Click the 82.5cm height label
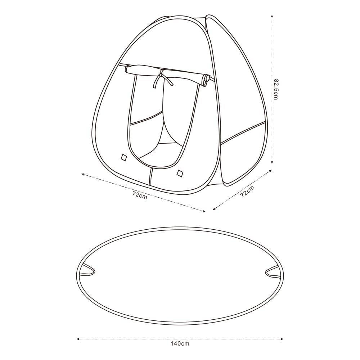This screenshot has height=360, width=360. [275, 89]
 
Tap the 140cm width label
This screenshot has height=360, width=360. [180, 344]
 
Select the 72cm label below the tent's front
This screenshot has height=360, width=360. [140, 195]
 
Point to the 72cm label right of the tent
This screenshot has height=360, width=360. [247, 192]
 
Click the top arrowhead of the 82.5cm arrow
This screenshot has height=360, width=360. [272, 16]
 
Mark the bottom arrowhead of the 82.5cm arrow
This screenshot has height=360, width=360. [272, 162]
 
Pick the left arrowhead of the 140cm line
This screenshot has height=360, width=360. [78, 339]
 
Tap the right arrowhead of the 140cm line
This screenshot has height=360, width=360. [282, 339]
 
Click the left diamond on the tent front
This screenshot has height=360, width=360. [124, 158]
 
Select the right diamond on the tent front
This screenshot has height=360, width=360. [180, 174]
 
